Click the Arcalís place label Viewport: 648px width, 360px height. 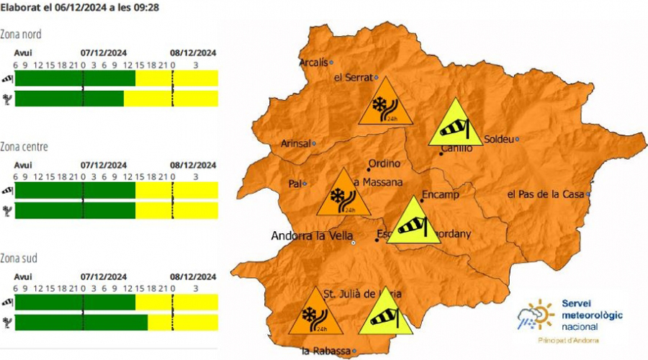pos(315,61)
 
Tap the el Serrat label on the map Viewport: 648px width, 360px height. pos(353,77)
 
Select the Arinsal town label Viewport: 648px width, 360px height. pos(294,143)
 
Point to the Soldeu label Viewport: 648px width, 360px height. pos(499,138)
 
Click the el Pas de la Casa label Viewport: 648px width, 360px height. pos(546,194)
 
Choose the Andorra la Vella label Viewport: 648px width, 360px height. pos(310,236)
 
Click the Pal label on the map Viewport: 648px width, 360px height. pos(294,184)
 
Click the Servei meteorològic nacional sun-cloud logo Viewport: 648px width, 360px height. pos(536,315)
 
